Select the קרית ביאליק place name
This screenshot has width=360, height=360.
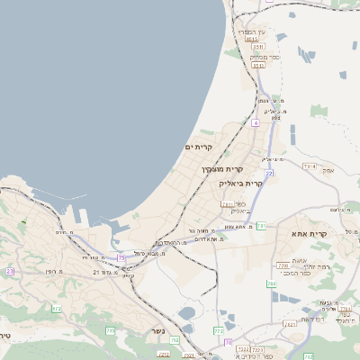point(241,184)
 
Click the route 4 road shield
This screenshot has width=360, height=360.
point(256,122)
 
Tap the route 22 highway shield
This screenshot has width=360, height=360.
point(268,174)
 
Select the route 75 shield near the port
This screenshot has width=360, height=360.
point(121,259)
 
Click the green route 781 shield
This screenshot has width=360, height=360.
point(261,226)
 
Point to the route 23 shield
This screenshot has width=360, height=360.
point(10,271)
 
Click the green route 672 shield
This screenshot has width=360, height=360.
point(57,309)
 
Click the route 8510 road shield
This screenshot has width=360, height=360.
point(259,65)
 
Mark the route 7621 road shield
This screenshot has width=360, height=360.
point(290,324)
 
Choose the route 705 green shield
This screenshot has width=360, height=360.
point(111,331)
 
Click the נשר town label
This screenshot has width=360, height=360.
point(157,330)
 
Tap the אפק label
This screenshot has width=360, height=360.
point(328,169)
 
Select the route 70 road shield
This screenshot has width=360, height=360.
point(229,343)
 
